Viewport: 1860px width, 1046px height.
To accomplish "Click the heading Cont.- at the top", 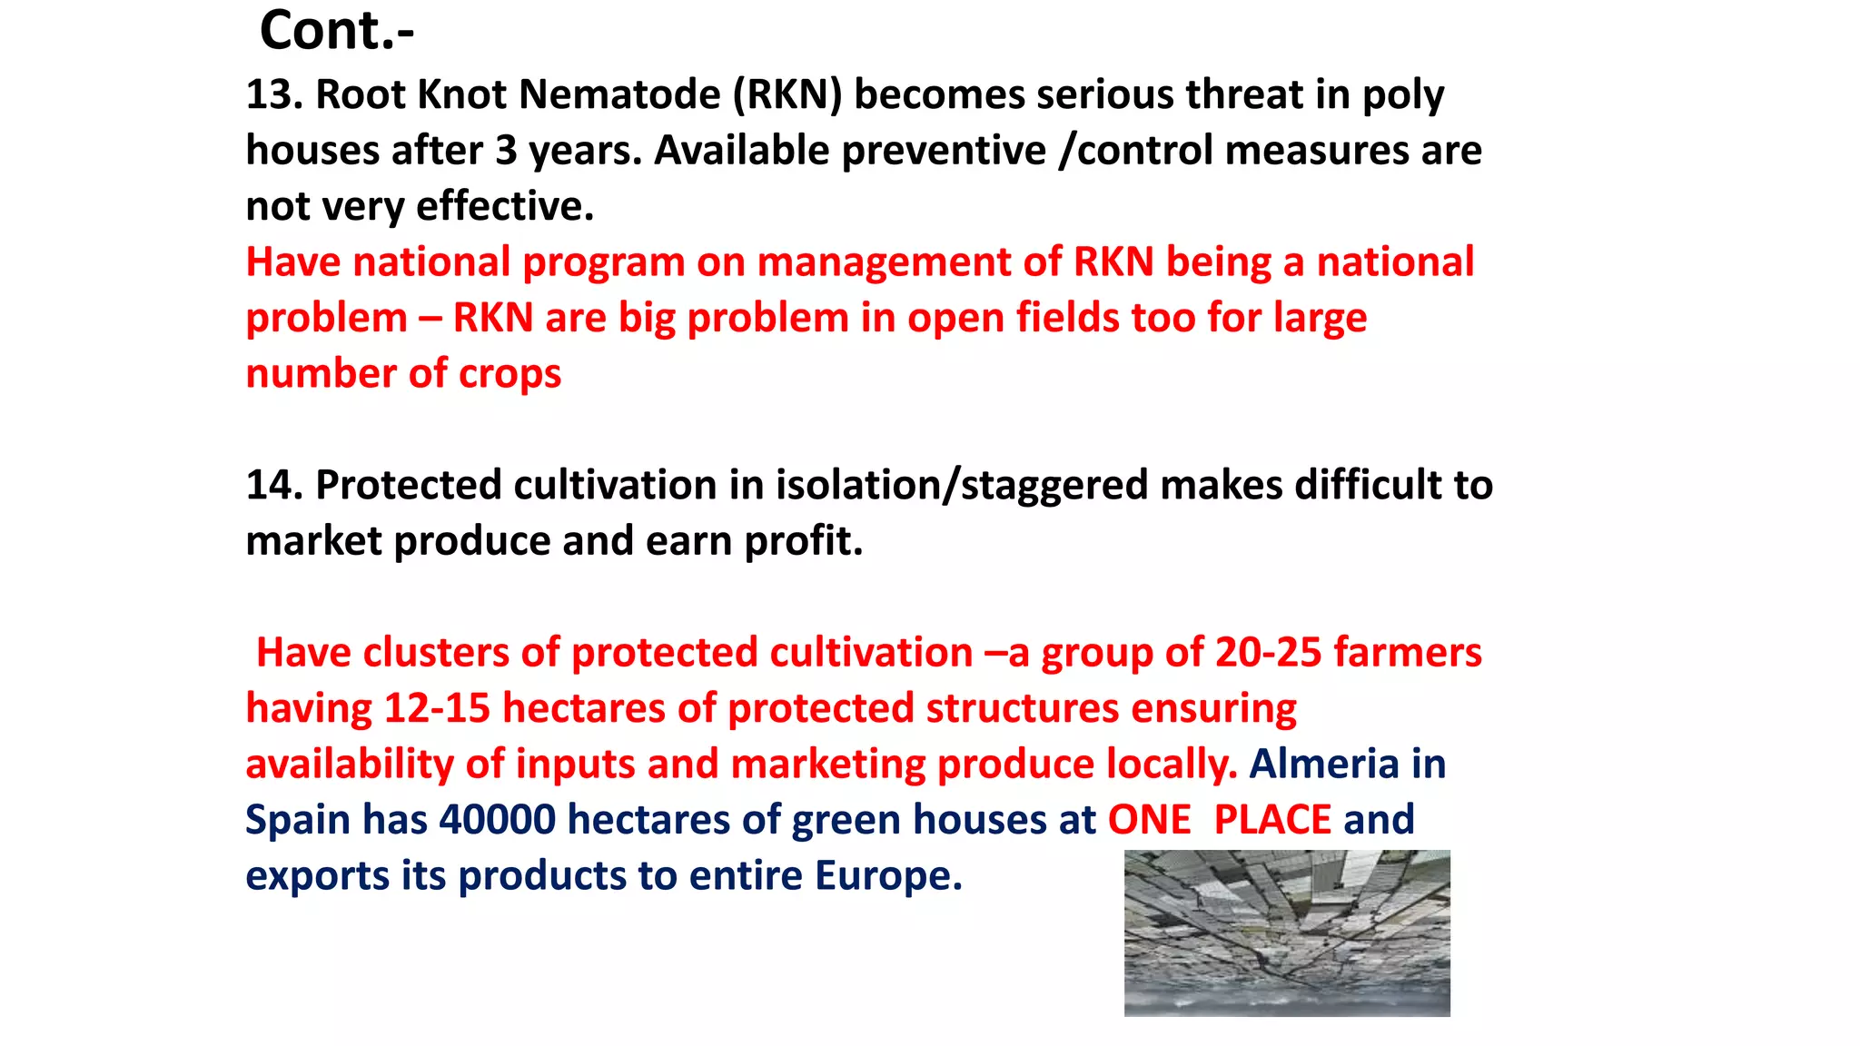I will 337,31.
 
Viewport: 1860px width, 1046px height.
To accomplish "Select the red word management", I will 884,263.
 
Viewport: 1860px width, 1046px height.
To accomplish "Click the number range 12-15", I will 437,709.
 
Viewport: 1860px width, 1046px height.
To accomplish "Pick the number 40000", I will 497,821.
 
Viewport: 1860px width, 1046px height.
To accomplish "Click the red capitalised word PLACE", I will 1272,821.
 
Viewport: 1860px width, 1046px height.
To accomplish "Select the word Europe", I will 887,876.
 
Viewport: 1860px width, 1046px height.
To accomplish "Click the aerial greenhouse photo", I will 1287,933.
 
